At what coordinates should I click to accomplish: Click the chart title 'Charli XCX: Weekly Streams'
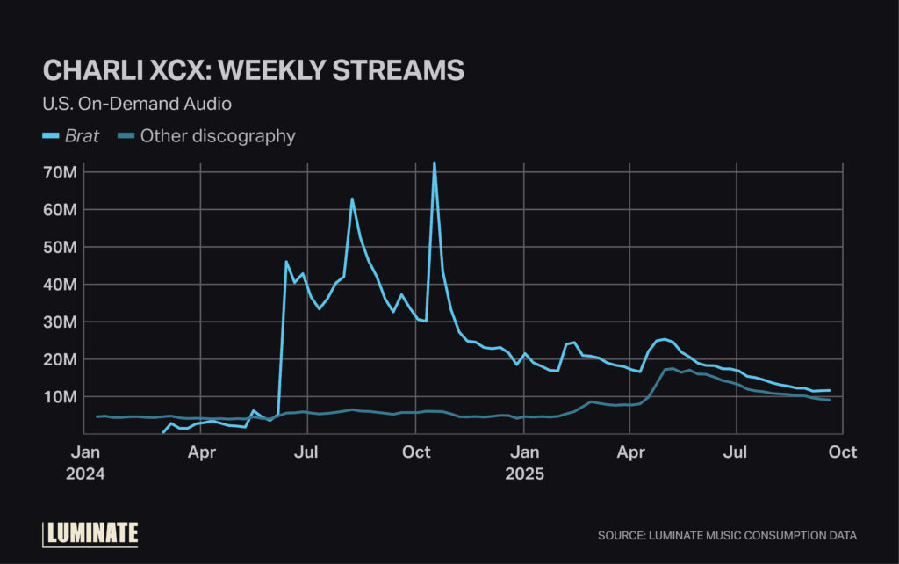point(253,70)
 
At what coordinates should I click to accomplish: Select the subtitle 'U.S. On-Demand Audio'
point(137,104)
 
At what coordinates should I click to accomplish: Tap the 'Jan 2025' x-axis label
point(524,463)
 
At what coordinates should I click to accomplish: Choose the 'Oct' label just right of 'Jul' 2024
point(416,453)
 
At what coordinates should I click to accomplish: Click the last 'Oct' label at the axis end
point(843,453)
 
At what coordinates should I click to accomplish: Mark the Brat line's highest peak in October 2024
point(434,163)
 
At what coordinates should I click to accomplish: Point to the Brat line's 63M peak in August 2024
point(352,199)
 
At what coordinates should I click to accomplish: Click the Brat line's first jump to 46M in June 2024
point(286,262)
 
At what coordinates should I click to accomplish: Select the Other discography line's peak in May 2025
point(672,369)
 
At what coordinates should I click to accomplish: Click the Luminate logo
point(90,533)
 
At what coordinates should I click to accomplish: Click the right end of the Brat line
point(830,390)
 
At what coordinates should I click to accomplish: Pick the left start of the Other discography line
point(97,416)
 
